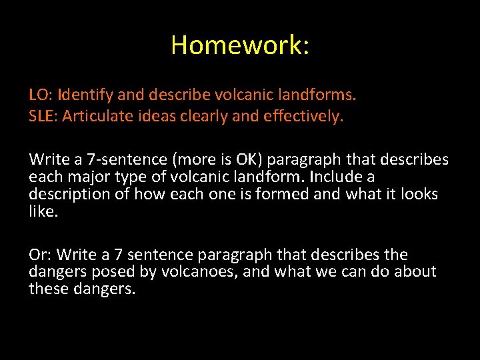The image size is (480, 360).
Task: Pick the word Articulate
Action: tap(96, 117)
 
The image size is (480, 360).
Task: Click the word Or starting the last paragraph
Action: tap(40, 255)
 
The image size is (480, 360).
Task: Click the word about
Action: tap(415, 272)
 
